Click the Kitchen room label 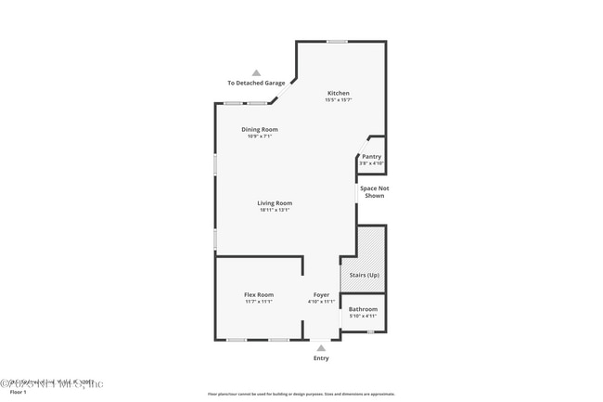pyautogui.click(x=338, y=93)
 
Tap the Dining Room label pyautogui.click(x=260, y=129)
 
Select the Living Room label pyautogui.click(x=276, y=202)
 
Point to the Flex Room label pyautogui.click(x=259, y=294)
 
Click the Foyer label pyautogui.click(x=321, y=294)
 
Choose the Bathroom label pyautogui.click(x=363, y=308)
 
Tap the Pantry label pyautogui.click(x=371, y=157)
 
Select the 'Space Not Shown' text pyautogui.click(x=373, y=191)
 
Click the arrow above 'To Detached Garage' pyautogui.click(x=257, y=72)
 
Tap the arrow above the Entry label pyautogui.click(x=321, y=348)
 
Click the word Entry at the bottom pyautogui.click(x=321, y=358)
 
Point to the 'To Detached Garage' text pyautogui.click(x=257, y=83)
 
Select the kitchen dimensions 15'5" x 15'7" pyautogui.click(x=338, y=100)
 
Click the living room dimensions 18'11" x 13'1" pyautogui.click(x=276, y=210)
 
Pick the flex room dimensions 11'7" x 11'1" pyautogui.click(x=259, y=302)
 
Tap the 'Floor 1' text pyautogui.click(x=19, y=392)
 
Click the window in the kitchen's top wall pyautogui.click(x=337, y=41)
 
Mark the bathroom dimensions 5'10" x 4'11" pyautogui.click(x=363, y=316)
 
